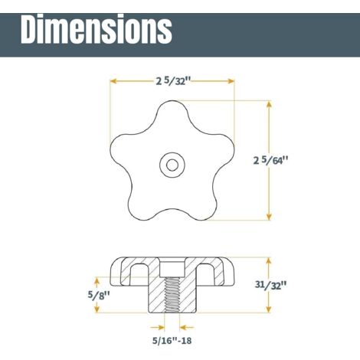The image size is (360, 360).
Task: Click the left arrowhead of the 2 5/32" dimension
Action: (x=113, y=80)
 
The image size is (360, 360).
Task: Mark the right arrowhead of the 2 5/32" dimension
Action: (x=231, y=80)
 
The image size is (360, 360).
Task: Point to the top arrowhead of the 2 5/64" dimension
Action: (x=269, y=103)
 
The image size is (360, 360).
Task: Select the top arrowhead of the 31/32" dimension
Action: (x=269, y=259)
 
